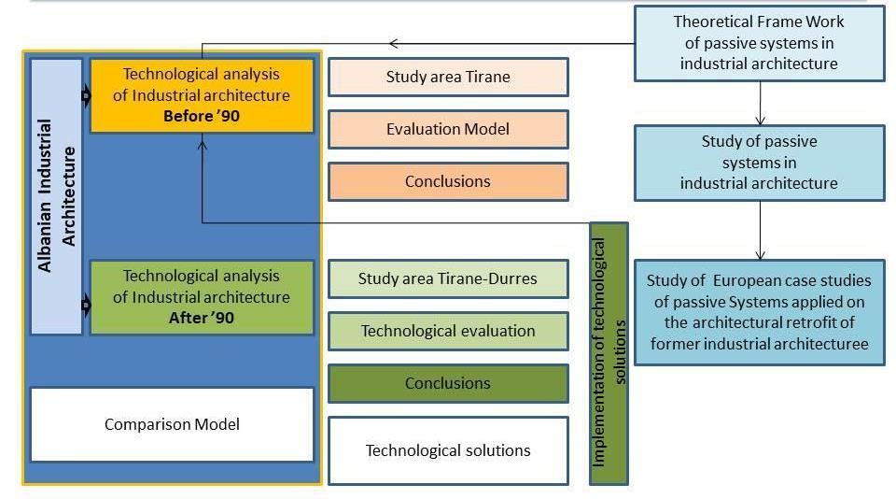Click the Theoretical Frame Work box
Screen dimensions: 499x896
(x=759, y=43)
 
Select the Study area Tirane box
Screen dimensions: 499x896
(x=448, y=77)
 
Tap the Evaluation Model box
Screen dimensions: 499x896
(x=448, y=129)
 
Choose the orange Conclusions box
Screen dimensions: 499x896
(x=448, y=181)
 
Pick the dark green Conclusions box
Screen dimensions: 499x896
(x=448, y=383)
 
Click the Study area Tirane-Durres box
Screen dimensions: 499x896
(x=448, y=278)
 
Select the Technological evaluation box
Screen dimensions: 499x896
(x=448, y=331)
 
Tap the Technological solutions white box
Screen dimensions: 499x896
(x=448, y=450)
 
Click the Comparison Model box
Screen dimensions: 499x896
(x=172, y=424)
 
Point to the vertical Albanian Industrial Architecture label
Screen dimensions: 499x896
(x=56, y=195)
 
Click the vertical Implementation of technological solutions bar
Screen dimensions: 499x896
(x=609, y=353)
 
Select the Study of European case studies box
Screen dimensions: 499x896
(x=759, y=312)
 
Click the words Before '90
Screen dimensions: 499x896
(x=201, y=116)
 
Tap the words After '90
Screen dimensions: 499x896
(x=201, y=318)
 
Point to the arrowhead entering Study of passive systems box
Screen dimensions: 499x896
(x=760, y=121)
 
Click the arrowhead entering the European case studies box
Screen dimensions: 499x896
(x=760, y=254)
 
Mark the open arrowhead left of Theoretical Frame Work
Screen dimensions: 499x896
(x=393, y=43)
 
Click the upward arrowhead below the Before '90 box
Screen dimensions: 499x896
(x=203, y=141)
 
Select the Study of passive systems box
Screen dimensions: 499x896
(x=759, y=163)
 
